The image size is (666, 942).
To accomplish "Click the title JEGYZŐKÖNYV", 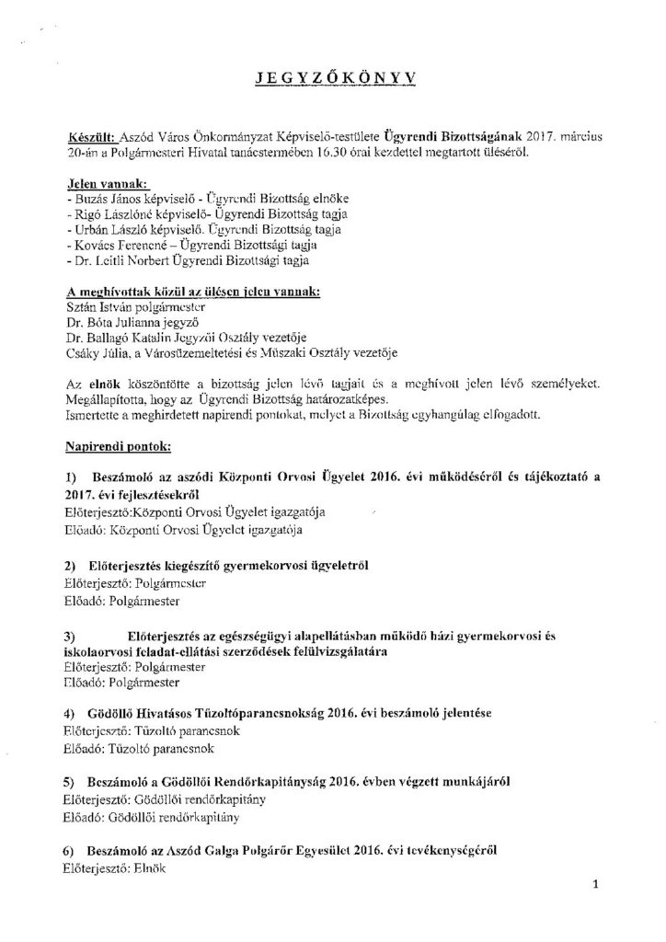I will [332, 82].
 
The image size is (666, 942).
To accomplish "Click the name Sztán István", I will [101, 304].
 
